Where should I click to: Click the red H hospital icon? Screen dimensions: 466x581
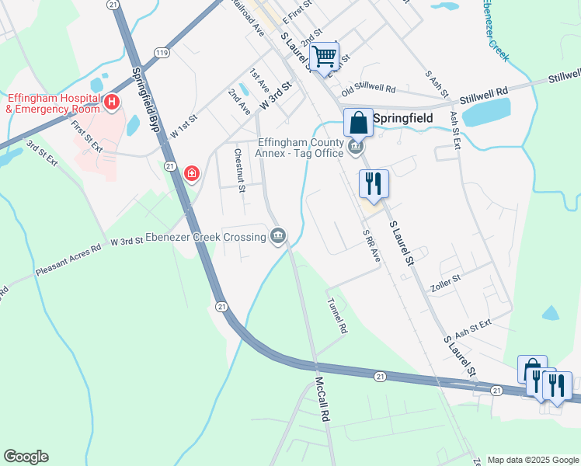point(112,102)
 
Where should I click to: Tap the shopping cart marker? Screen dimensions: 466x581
point(324,55)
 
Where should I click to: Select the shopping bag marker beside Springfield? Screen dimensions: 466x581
point(358,122)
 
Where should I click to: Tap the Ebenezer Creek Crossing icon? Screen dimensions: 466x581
point(279,235)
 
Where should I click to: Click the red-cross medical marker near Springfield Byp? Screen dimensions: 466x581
point(191,173)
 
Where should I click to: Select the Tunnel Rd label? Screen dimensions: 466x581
point(336,316)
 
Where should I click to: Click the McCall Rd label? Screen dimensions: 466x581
point(322,399)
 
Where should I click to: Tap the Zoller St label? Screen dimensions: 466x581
point(446,276)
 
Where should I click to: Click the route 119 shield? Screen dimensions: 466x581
point(161,52)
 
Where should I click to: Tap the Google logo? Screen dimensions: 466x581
point(26,457)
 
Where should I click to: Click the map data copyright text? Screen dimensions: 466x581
point(532,460)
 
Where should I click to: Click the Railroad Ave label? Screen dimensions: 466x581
point(248,16)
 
